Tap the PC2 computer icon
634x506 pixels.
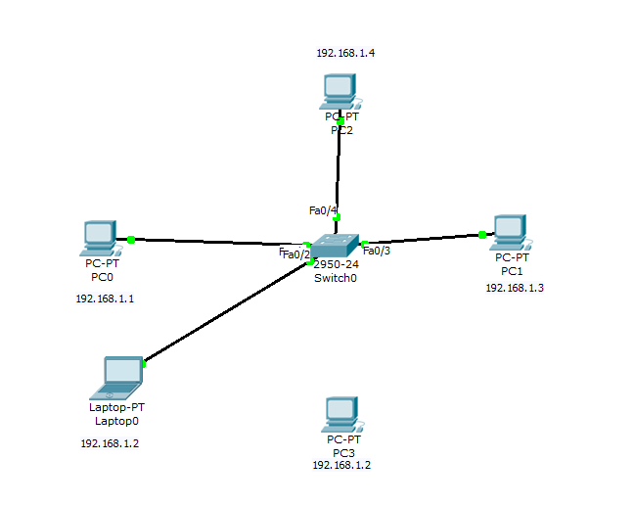339,91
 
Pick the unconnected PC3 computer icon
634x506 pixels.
339,414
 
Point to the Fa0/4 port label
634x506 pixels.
323,210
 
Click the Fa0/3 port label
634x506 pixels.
377,252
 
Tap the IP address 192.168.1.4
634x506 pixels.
345,53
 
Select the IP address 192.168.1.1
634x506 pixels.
105,299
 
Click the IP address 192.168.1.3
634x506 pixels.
515,288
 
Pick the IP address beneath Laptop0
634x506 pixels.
110,443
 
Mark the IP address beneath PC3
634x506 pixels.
341,466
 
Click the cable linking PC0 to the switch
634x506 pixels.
215,242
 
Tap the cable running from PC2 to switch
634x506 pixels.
339,171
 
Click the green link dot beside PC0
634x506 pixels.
130,239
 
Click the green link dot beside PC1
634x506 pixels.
482,234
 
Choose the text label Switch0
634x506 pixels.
336,279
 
